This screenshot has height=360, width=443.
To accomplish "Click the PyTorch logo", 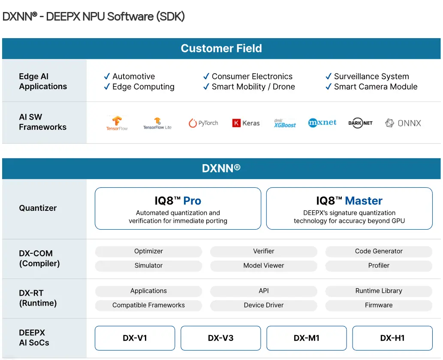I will (x=203, y=123).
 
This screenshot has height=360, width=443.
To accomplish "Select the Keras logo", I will (x=246, y=123).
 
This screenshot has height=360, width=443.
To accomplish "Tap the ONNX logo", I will (x=403, y=123).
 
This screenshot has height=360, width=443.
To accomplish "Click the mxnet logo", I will (x=322, y=123).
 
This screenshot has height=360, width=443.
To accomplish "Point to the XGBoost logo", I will (x=285, y=123).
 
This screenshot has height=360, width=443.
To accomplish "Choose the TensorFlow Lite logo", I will (x=157, y=123).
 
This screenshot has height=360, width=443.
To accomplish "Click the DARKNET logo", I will (x=360, y=123).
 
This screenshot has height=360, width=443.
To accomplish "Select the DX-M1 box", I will (x=307, y=338).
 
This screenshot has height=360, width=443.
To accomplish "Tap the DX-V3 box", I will (x=220, y=338).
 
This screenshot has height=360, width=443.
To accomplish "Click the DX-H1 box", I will (x=392, y=338).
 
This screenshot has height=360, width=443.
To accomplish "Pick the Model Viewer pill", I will (x=264, y=266).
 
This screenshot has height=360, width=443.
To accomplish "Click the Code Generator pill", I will (x=379, y=252).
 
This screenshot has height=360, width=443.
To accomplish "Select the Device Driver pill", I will (x=264, y=306).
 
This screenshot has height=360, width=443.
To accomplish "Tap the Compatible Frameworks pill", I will (x=148, y=306).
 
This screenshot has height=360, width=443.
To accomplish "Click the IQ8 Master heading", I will (x=349, y=201).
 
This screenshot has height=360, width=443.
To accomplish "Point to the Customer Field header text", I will (x=221, y=48).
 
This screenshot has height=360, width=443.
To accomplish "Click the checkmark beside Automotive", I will (x=107, y=77).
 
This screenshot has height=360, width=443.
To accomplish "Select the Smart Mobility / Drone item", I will (x=253, y=87).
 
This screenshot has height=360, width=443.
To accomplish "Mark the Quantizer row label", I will (x=38, y=208).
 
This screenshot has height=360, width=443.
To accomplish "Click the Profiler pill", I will (x=379, y=266).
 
